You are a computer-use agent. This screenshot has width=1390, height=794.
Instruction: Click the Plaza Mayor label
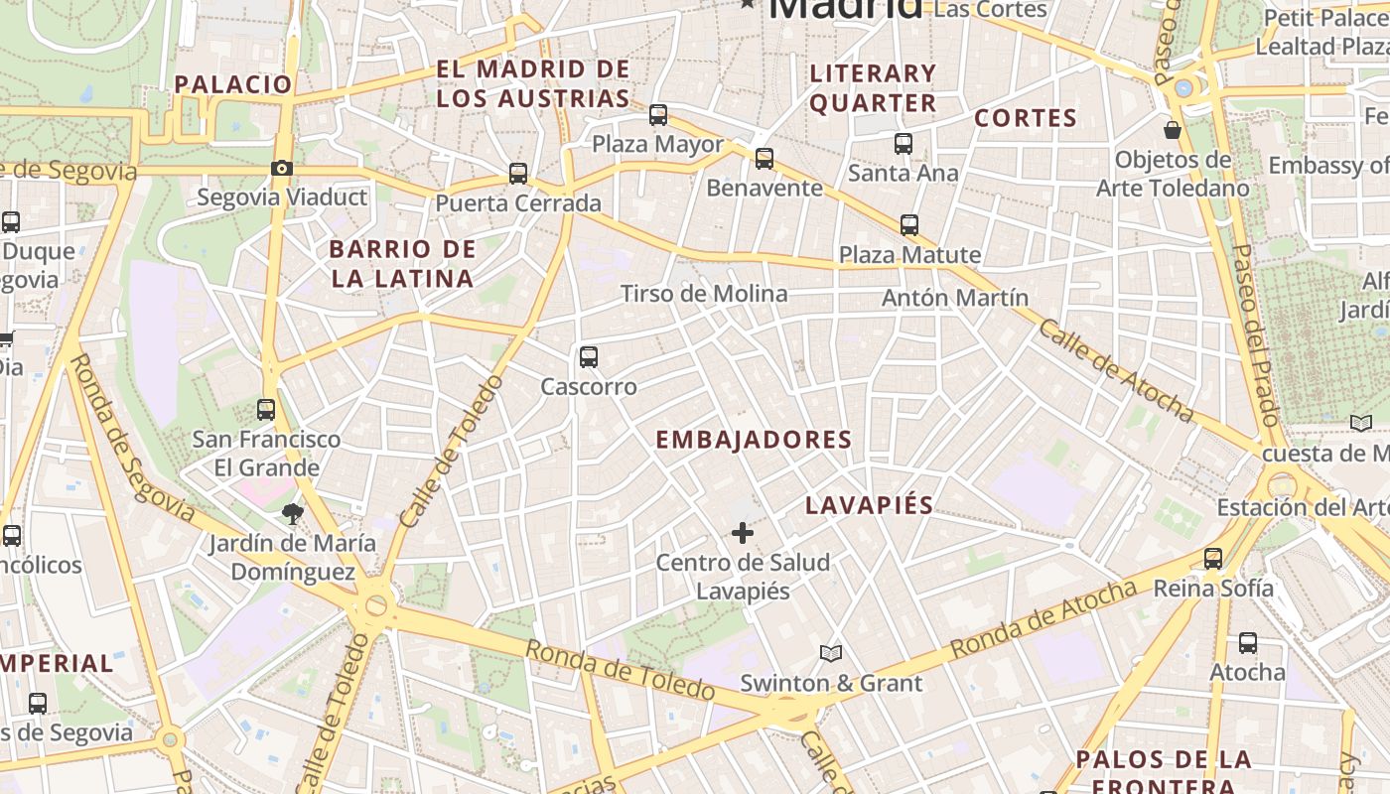pyautogui.click(x=657, y=144)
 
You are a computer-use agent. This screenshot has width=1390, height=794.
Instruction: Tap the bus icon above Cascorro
pyautogui.click(x=589, y=357)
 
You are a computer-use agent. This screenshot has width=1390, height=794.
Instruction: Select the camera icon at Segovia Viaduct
pyautogui.click(x=282, y=168)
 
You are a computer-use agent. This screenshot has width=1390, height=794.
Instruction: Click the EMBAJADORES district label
pyautogui.click(x=754, y=440)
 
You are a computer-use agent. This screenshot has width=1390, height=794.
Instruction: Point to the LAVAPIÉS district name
pyautogui.click(x=870, y=505)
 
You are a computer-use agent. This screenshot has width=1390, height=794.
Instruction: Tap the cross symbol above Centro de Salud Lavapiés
pyautogui.click(x=743, y=534)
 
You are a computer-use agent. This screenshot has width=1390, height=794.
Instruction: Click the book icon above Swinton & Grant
pyautogui.click(x=831, y=653)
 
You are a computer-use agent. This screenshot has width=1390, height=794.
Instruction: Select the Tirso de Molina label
pyautogui.click(x=704, y=294)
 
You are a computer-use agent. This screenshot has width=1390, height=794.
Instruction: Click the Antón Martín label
pyautogui.click(x=955, y=298)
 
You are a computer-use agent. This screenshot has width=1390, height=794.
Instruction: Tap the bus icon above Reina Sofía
pyautogui.click(x=1213, y=559)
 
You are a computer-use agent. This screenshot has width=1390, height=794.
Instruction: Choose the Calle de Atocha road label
pyautogui.click(x=1115, y=369)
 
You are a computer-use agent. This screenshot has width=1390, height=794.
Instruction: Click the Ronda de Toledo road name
pyautogui.click(x=620, y=670)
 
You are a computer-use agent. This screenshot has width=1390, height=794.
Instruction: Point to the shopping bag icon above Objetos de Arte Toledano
pyautogui.click(x=1173, y=130)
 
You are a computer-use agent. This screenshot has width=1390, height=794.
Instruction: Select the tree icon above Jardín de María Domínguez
pyautogui.click(x=292, y=513)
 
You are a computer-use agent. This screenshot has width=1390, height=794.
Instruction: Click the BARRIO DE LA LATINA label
pyautogui.click(x=402, y=263)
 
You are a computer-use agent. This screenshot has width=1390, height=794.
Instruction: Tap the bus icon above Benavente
pyautogui.click(x=764, y=158)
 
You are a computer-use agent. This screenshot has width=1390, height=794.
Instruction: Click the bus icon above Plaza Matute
pyautogui.click(x=909, y=225)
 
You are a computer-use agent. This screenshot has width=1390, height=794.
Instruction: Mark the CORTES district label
pyautogui.click(x=1026, y=118)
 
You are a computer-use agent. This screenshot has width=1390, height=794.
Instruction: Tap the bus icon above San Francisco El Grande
pyautogui.click(x=266, y=409)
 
